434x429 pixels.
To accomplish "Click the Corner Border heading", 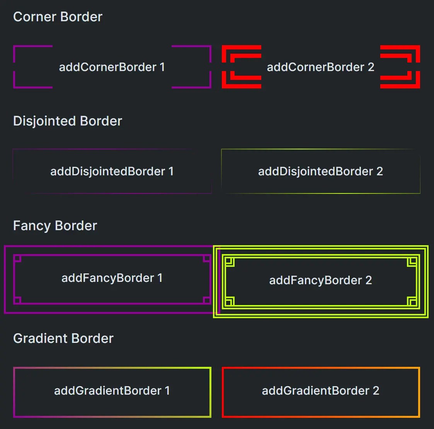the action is [x=58, y=17].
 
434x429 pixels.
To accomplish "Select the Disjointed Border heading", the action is [x=68, y=121].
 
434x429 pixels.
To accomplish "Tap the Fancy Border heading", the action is [x=55, y=226].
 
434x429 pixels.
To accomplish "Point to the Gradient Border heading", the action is [x=63, y=339].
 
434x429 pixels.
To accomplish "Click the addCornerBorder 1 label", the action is [x=112, y=67].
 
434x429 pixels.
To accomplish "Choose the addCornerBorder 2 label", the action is [x=320, y=67].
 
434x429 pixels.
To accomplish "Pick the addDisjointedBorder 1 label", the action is [x=112, y=171].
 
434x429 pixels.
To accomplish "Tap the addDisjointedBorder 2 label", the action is [x=320, y=171].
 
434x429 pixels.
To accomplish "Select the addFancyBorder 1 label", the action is [x=112, y=278].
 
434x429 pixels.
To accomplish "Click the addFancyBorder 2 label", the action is [x=320, y=280].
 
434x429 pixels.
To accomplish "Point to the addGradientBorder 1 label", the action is [x=112, y=391].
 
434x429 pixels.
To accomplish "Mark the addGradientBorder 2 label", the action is [x=320, y=391].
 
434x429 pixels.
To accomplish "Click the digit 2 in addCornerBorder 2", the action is [x=371, y=67].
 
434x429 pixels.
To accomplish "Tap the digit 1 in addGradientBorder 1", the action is [x=167, y=391].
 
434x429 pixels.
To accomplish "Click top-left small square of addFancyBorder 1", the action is [x=17, y=258].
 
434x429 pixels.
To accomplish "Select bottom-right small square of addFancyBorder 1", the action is [x=207, y=300].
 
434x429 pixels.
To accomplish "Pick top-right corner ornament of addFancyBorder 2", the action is [x=412, y=262].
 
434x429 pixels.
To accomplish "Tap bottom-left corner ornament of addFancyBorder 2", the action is [x=229, y=301].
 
